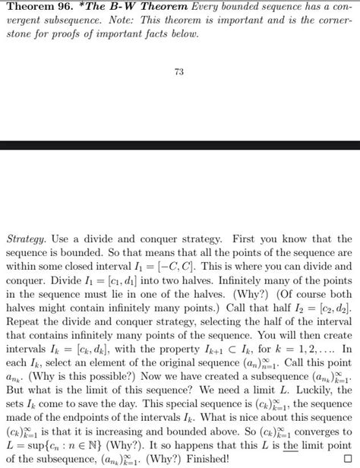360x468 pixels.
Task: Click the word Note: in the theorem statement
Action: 136,21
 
